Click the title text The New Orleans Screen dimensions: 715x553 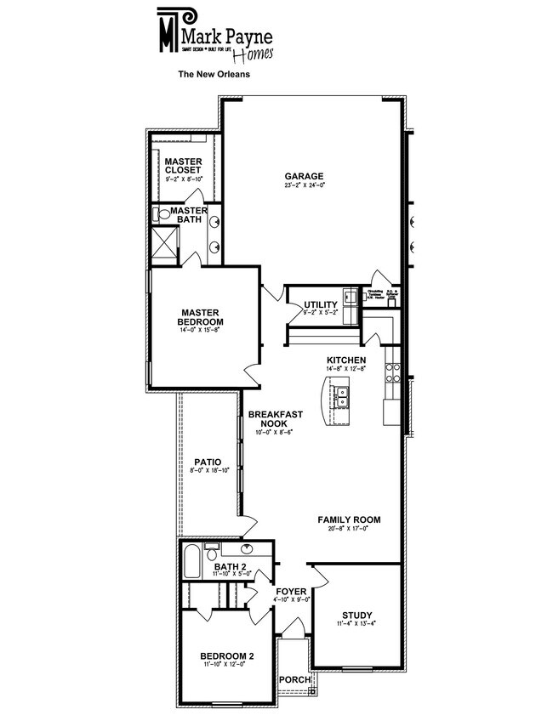(x=213, y=74)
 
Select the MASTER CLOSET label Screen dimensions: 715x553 (x=183, y=165)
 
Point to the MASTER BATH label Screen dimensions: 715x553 (x=189, y=215)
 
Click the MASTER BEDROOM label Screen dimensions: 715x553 (x=201, y=317)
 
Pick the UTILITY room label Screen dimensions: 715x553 (x=321, y=304)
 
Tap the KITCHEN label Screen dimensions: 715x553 (x=346, y=360)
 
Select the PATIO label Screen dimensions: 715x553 (x=208, y=462)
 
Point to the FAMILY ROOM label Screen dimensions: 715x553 (x=349, y=519)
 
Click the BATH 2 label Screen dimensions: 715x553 (x=230, y=567)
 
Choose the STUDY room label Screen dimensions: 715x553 (x=357, y=616)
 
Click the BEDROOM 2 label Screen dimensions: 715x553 (x=227, y=655)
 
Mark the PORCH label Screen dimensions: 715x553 (x=294, y=679)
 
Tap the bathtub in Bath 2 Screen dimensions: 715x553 (x=191, y=563)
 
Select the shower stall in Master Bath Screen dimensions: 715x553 (x=163, y=241)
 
